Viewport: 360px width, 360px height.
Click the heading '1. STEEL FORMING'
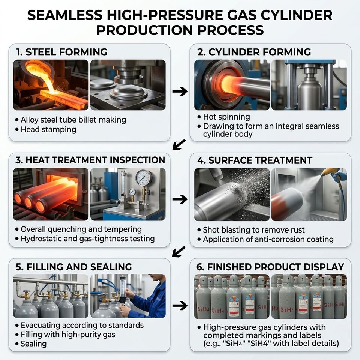coord(62,52)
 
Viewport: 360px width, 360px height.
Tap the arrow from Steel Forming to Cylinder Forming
coord(180,91)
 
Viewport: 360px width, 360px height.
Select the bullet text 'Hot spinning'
coord(226,117)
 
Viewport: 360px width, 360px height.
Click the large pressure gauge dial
coord(144,178)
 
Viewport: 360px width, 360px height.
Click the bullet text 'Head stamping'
coord(48,129)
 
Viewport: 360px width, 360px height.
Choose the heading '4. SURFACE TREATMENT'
coord(255,160)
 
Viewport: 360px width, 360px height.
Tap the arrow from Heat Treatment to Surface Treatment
coord(180,199)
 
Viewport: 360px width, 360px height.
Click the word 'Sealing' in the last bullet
coord(33,344)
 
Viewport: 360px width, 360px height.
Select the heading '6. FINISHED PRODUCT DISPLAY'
coord(270,267)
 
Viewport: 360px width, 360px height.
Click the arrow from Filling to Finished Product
coord(180,306)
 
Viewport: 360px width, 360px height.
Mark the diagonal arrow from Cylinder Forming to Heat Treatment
coord(179,145)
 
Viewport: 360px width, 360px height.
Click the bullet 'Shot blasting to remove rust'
coord(254,230)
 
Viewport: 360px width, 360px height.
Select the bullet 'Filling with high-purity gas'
coord(68,334)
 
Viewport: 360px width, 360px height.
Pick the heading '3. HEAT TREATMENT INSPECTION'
coord(90,160)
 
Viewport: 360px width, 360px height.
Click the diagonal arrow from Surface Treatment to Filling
coord(178,252)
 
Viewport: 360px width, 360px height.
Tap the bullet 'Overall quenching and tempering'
coord(81,229)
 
